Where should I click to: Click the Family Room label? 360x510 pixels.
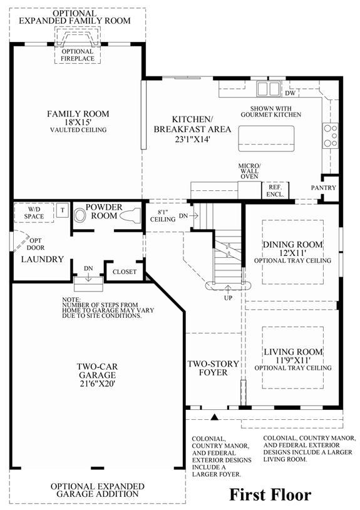point(78,114)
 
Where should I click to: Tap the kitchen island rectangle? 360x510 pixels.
point(266,138)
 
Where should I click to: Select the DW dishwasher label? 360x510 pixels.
point(291,93)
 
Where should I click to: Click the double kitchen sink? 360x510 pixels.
point(268,88)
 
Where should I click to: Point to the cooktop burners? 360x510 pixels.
point(331,136)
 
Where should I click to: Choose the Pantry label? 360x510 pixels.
point(323,188)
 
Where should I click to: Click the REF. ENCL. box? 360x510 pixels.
point(275,191)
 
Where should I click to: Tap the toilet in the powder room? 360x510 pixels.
point(130,216)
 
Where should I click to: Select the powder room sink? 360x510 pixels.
point(80,215)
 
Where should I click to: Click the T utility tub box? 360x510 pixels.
point(63,210)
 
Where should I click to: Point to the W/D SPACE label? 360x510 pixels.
point(34,213)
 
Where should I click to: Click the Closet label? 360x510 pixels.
point(125,272)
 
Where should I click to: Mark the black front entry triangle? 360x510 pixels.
point(214,417)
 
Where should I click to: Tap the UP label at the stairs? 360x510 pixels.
point(228,298)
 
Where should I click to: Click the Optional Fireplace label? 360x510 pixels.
point(78,55)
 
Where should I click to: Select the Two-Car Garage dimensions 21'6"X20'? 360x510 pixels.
point(98,384)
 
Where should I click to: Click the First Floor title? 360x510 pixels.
point(270,495)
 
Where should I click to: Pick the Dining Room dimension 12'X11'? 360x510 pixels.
point(292,253)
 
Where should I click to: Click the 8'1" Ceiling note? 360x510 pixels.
point(163,216)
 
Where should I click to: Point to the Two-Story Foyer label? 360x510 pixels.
point(213,368)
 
